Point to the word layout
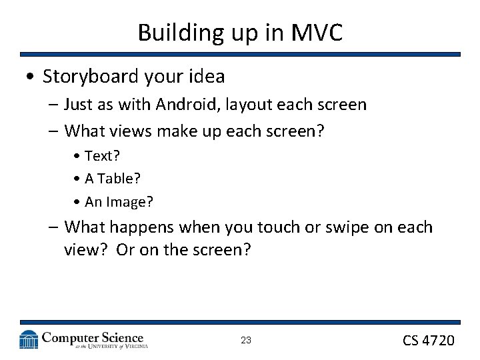tap(250, 105)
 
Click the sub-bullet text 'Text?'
tap(102, 155)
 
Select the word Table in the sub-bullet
tap(115, 178)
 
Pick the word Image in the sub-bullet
tap(130, 201)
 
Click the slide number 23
tap(246, 340)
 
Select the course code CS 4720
tap(428, 340)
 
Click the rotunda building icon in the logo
tap(29, 339)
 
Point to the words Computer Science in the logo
tap(93, 337)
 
